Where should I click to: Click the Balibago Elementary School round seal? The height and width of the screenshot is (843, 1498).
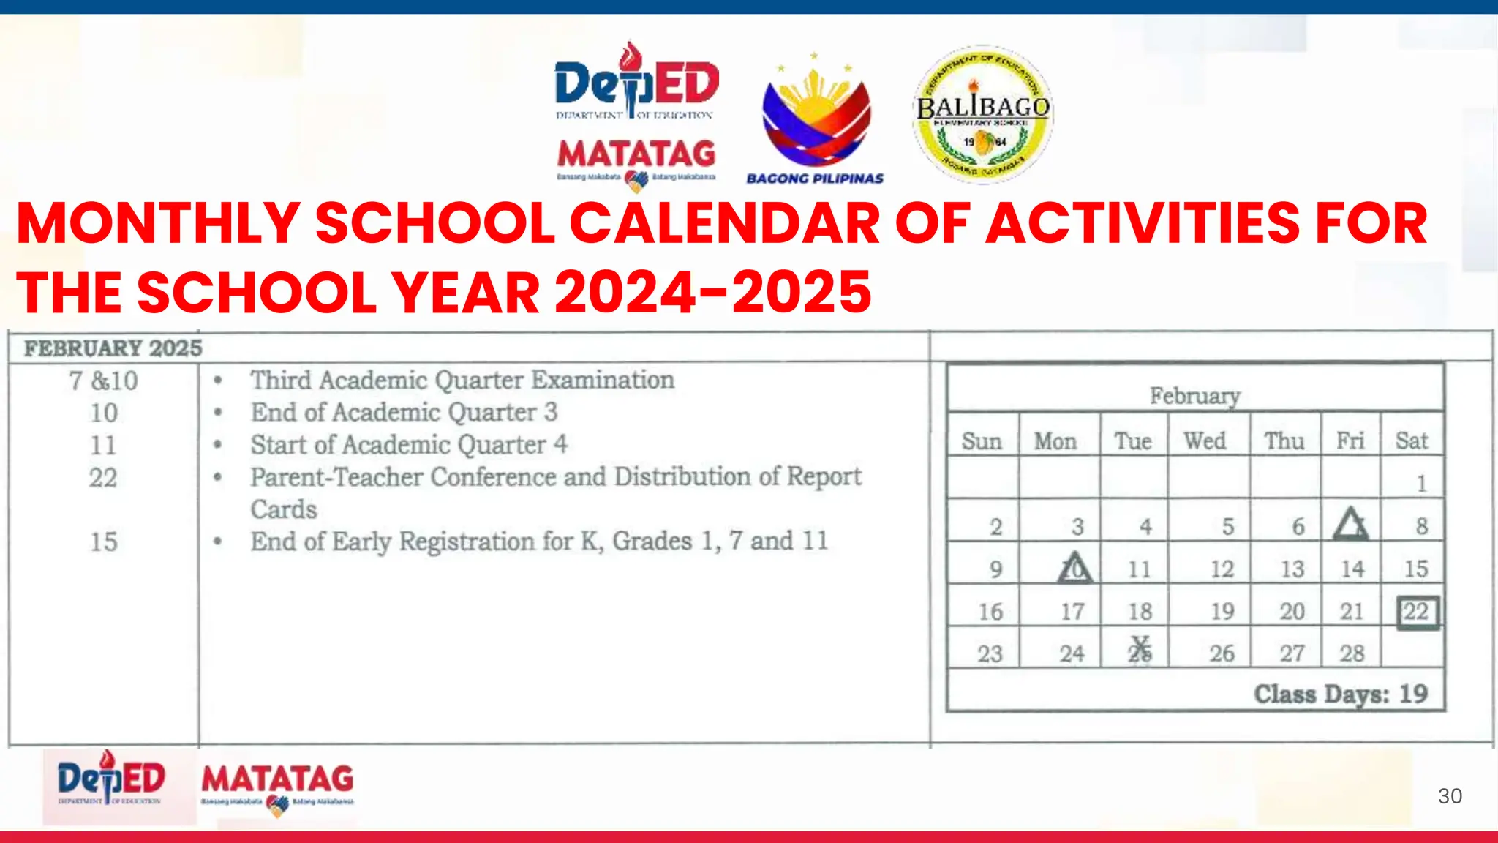point(982,115)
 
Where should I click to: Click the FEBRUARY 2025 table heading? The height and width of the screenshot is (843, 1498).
point(113,348)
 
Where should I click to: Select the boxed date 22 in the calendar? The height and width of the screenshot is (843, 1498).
point(1417,612)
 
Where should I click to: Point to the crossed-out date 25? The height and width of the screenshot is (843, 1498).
point(1140,650)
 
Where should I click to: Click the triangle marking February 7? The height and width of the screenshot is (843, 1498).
point(1350,524)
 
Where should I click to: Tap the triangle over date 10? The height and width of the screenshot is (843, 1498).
point(1074,568)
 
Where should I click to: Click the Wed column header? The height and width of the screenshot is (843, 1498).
point(1205,441)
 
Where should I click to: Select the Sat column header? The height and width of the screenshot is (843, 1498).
point(1411,441)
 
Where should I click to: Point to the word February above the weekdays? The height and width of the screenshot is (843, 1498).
point(1194,396)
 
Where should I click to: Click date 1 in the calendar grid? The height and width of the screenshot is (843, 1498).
point(1421,484)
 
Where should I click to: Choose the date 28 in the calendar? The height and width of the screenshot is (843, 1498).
point(1352,653)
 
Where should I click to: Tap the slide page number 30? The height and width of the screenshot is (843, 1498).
point(1449,796)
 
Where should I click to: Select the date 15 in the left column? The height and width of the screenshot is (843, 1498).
point(103,542)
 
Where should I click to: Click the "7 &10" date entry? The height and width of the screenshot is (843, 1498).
point(103,381)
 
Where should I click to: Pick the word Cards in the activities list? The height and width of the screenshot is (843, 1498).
point(284,509)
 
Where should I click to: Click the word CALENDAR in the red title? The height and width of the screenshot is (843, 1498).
point(724,223)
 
